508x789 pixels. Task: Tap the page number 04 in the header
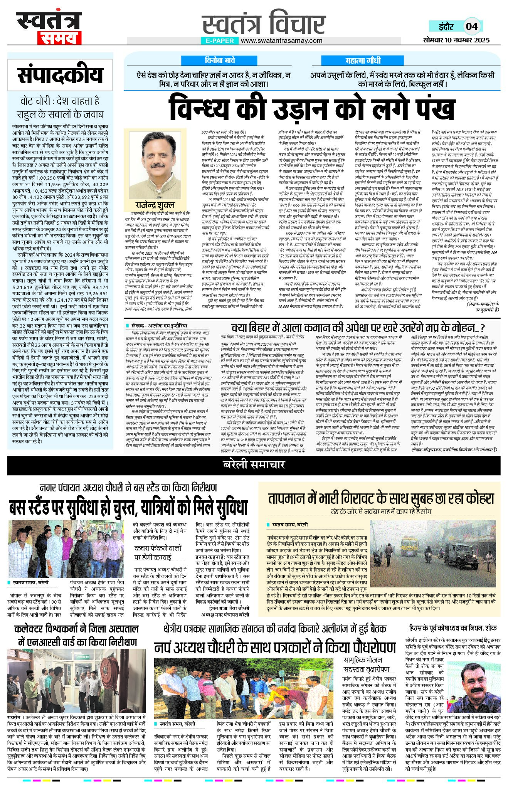click(471, 27)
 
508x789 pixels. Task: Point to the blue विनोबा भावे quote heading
click(220, 61)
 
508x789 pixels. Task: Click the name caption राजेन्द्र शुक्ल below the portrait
click(155, 205)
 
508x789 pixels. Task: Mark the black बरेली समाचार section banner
click(254, 465)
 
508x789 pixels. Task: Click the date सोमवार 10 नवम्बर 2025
click(456, 40)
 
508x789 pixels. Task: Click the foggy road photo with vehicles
click(433, 553)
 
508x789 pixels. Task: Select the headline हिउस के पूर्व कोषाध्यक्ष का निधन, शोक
click(453, 628)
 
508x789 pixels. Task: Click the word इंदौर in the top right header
click(446, 27)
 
